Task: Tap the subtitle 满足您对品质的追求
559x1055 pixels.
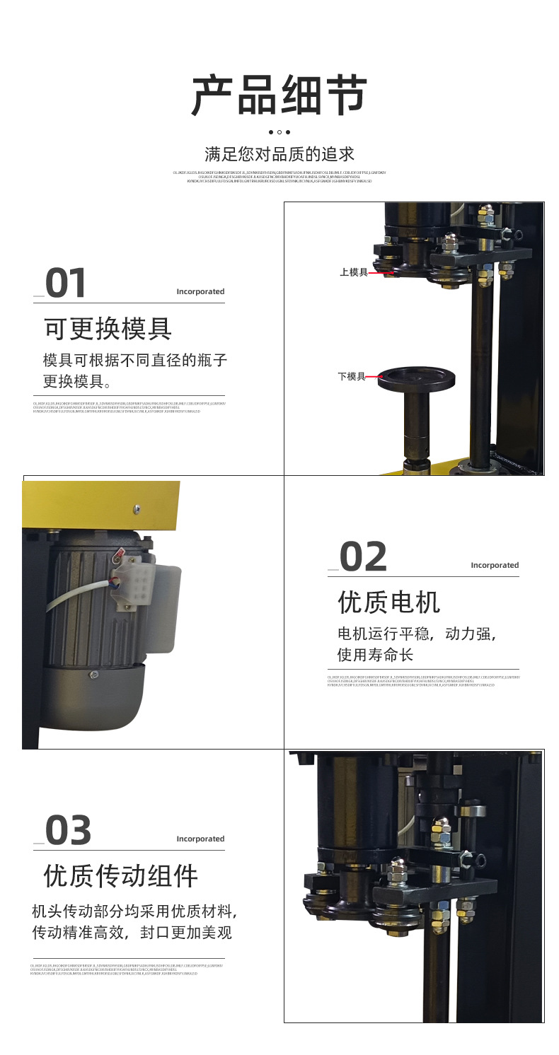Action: click(x=279, y=153)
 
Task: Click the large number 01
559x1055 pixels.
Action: click(x=66, y=283)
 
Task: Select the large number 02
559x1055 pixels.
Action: click(x=363, y=556)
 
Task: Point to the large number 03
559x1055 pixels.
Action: click(x=69, y=830)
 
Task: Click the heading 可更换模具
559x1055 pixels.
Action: click(x=108, y=328)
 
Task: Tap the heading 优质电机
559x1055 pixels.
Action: click(x=388, y=602)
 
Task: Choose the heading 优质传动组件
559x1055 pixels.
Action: click(x=121, y=875)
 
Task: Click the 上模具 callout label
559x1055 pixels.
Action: click(x=353, y=272)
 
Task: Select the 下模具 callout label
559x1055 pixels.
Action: click(x=352, y=377)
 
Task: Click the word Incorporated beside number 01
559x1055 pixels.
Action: click(x=200, y=291)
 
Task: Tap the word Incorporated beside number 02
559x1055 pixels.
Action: click(x=495, y=565)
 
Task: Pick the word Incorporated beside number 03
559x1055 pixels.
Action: click(x=200, y=839)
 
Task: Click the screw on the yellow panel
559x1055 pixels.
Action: click(x=137, y=508)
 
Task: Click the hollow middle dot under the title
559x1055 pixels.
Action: click(x=279, y=132)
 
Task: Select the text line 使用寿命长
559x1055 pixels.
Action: click(x=375, y=655)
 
